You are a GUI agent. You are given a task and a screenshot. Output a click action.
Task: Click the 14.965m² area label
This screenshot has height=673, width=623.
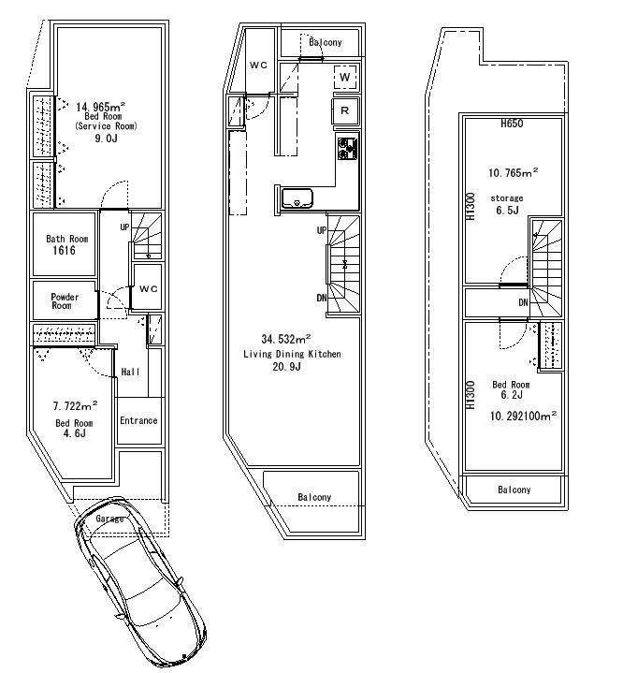click(x=100, y=107)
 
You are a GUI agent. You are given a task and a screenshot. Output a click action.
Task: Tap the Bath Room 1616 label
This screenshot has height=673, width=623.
click(x=67, y=245)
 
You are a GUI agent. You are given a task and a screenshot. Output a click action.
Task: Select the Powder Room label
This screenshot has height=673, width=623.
click(x=65, y=301)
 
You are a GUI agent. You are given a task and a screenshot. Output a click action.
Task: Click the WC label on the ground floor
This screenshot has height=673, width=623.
click(x=149, y=289)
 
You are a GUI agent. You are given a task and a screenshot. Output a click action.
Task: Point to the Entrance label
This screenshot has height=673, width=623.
click(x=138, y=420)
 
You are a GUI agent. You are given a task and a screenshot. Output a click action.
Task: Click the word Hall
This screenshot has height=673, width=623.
click(x=130, y=373)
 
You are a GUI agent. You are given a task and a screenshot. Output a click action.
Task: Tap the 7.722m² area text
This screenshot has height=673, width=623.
click(x=74, y=407)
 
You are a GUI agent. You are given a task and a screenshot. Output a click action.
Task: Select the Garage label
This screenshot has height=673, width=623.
click(x=109, y=518)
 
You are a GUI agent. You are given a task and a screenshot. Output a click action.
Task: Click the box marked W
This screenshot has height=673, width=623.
click(x=345, y=77)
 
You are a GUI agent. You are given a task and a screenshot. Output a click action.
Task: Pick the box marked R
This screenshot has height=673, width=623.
click(x=345, y=111)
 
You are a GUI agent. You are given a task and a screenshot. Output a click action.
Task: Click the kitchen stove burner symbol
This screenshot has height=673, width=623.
click(x=348, y=147)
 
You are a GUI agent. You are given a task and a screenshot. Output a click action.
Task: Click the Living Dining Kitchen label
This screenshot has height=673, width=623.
click(x=292, y=354)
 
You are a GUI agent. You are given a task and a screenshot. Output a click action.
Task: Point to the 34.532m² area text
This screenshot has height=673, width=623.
click(x=292, y=339)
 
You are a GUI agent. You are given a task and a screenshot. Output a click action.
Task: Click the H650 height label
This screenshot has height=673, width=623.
click(x=511, y=124)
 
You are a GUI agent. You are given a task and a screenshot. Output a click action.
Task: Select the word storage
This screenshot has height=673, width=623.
click(x=506, y=198)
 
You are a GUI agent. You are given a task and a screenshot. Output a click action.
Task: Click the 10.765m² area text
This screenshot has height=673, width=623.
click(x=514, y=172)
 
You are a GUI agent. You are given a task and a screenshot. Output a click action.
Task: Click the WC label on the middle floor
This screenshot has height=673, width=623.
click(x=259, y=65)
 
